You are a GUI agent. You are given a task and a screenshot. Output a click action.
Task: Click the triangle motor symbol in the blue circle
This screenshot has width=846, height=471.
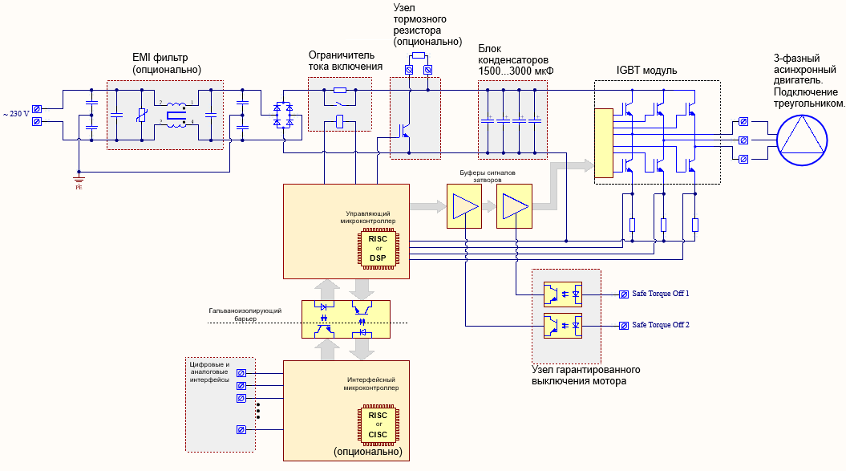pos(800,135)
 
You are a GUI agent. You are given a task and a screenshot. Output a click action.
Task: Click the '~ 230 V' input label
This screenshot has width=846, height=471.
pos(17,114)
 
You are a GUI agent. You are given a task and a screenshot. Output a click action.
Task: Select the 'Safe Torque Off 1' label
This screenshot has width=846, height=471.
pos(661,294)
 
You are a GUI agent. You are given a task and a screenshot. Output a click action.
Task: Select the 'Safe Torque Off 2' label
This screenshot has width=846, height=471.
pos(661,325)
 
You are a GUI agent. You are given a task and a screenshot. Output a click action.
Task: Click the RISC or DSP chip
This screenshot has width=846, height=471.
pos(378,248)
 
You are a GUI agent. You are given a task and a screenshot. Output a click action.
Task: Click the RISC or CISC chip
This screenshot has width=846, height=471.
pos(378,425)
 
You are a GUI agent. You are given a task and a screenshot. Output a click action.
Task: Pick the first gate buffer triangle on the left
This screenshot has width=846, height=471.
pos(463,208)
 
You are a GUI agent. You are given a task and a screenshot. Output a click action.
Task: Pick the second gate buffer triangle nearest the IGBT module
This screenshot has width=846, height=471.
pos(513,208)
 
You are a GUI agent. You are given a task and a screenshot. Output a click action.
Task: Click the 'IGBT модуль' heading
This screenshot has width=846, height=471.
pos(646,71)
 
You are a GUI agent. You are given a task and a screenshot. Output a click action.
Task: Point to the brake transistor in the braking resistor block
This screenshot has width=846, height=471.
pos(406,131)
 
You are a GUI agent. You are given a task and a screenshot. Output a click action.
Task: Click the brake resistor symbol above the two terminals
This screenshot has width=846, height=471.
pos(418,56)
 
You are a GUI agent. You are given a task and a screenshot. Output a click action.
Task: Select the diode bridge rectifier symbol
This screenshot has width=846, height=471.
pos(284,115)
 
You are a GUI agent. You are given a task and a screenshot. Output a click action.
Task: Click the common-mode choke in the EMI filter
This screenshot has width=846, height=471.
pos(176,113)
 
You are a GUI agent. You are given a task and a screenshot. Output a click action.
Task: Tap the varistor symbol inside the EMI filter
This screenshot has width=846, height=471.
pos(142,116)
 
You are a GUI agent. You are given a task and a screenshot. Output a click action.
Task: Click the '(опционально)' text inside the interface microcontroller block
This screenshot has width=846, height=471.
pos(366,453)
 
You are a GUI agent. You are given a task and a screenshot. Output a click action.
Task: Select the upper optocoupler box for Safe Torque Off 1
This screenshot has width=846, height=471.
pos(562,294)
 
